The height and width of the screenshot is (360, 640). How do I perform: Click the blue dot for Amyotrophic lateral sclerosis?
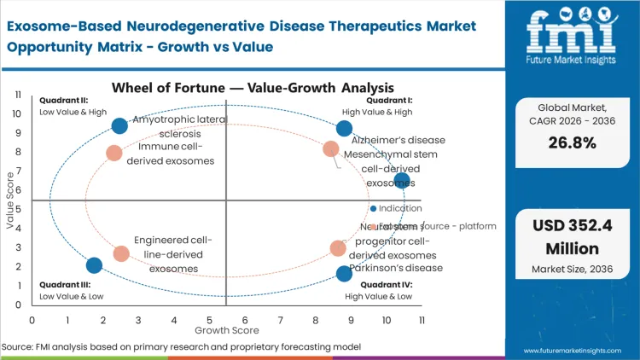point(119,125)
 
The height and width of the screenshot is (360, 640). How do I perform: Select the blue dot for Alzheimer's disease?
point(344,129)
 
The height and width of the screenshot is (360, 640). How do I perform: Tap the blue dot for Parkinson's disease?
point(344,273)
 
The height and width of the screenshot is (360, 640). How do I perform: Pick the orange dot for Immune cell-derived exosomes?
point(114,153)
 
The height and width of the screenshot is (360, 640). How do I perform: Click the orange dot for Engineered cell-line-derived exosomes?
point(121,253)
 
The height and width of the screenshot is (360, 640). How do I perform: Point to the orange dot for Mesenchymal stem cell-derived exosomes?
point(331,149)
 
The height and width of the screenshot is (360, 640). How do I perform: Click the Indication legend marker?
point(373,208)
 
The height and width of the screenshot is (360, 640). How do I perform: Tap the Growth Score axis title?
point(226,328)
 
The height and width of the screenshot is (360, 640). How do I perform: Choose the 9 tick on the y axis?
point(19,132)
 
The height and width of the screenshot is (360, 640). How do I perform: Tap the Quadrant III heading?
point(59,284)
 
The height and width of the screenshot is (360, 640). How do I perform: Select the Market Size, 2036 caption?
point(571,270)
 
